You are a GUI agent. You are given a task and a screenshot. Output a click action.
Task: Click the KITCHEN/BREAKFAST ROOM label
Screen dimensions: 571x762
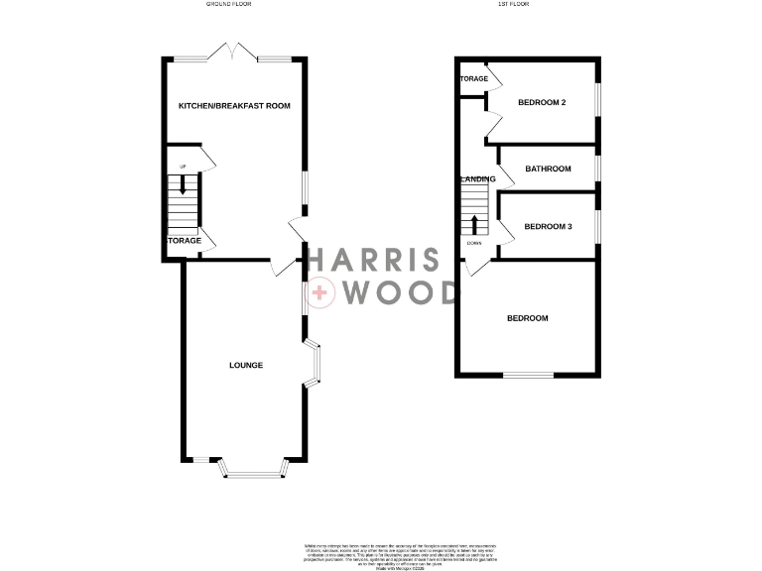click(x=234, y=105)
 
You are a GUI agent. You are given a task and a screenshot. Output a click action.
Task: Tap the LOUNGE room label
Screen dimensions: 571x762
click(x=246, y=366)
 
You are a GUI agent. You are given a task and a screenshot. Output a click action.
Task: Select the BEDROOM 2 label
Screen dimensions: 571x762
click(x=542, y=103)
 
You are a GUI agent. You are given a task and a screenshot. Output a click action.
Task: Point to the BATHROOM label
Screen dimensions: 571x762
click(x=549, y=169)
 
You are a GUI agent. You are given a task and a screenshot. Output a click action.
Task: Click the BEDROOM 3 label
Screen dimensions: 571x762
click(x=549, y=227)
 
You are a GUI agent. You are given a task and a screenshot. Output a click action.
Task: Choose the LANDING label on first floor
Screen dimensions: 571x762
click(x=478, y=179)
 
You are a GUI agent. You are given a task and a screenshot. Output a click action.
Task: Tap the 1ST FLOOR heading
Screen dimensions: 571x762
click(x=513, y=5)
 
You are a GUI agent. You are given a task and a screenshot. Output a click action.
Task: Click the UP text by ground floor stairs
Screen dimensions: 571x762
click(x=183, y=166)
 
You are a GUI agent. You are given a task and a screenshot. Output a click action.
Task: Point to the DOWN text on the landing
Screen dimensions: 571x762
click(x=474, y=243)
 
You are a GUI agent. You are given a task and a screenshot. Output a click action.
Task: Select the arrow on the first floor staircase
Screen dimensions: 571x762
click(x=474, y=223)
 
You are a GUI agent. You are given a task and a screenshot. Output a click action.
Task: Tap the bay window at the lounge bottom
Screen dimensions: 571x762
click(x=252, y=469)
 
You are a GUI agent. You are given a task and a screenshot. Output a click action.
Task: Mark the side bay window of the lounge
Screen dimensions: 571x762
click(x=314, y=364)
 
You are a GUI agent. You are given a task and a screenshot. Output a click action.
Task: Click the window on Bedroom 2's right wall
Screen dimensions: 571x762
click(x=598, y=102)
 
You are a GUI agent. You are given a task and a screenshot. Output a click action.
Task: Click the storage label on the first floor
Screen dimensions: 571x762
click(x=473, y=78)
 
